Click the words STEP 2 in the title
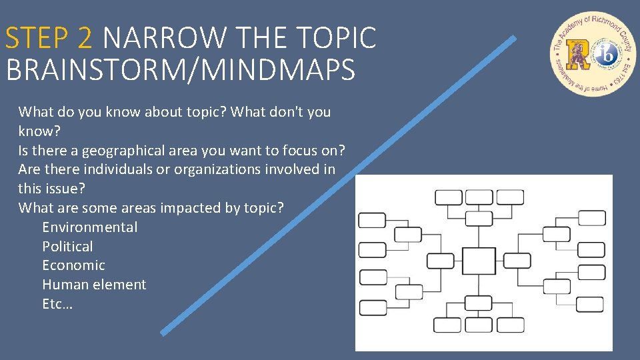pos(48,38)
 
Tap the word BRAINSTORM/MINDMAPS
pos(181,70)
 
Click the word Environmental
pos(90,227)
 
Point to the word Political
pos(67,247)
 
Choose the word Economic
pos(73,265)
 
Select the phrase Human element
pos(94,285)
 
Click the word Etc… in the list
pos(57,304)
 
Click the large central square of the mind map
pos(479,261)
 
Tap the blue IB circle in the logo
pos(607,55)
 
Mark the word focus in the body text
pos(307,150)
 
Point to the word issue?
pos(66,189)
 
